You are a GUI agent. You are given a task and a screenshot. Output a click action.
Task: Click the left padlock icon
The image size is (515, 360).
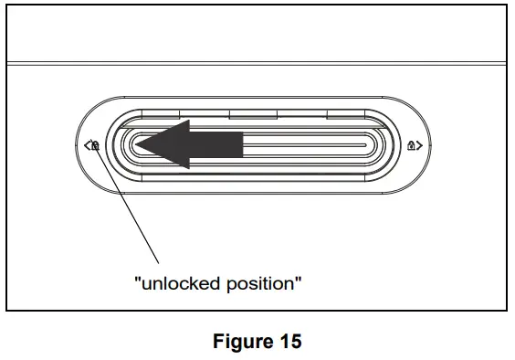(x=93, y=144)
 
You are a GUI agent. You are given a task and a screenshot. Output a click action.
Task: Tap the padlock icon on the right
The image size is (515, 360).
(x=413, y=144)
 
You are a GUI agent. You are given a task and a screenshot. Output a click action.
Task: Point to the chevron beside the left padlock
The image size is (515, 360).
(x=85, y=144)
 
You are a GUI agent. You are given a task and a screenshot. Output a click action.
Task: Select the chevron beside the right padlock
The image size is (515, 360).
(x=421, y=144)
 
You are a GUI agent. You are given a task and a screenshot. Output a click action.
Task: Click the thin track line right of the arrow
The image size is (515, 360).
(x=301, y=144)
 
